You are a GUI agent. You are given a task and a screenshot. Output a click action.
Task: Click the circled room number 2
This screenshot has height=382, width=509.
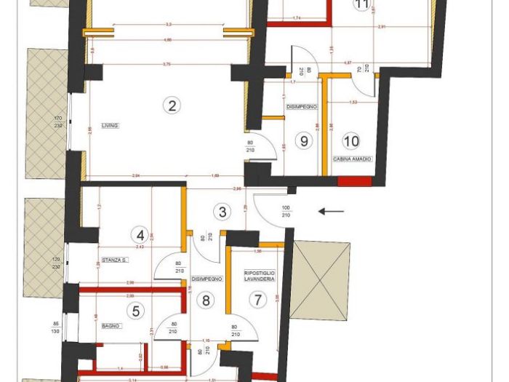pyautogui.click(x=172, y=106)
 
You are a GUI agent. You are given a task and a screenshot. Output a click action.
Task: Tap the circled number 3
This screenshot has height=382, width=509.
pyautogui.click(x=223, y=212)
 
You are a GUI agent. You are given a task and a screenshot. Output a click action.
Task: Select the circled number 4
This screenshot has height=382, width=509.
pyautogui.click(x=140, y=235)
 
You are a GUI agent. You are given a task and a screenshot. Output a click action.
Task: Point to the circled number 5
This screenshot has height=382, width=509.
pyautogui.click(x=135, y=311)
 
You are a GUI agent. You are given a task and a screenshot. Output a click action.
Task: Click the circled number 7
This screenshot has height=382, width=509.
pyautogui.click(x=257, y=299)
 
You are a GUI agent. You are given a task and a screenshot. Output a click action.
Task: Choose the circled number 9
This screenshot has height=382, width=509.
pyautogui.click(x=305, y=140)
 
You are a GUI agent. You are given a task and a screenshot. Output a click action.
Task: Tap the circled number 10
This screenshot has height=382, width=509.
pyautogui.click(x=351, y=140)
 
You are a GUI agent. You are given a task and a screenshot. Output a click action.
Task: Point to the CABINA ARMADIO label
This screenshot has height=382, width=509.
pyautogui.click(x=353, y=159)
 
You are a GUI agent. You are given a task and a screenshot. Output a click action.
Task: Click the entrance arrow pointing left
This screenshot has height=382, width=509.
pyautogui.click(x=332, y=212)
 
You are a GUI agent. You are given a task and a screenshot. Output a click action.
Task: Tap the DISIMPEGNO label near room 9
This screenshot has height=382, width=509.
pyautogui.click(x=302, y=107)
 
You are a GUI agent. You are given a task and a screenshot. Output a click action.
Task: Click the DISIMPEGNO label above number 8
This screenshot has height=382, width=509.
pyautogui.click(x=207, y=278)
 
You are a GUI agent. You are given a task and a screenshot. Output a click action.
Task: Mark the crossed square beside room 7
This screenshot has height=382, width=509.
pyautogui.click(x=320, y=271)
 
